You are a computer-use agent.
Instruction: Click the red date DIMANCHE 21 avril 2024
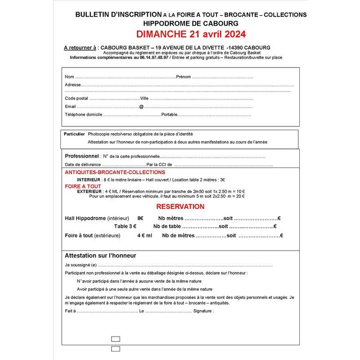coord(191,34)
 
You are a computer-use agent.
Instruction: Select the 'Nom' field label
coord(69,76)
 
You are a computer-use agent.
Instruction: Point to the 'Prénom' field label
coord(184,76)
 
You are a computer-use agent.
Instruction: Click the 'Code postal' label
coord(76,98)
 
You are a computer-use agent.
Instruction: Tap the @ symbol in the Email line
coord(141,107)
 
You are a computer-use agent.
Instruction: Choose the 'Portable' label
coord(169,115)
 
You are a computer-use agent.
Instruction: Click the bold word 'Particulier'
coord(74,134)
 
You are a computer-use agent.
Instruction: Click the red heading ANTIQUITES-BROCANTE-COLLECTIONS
coord(115,172)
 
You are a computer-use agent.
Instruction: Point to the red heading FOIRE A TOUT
coord(83,186)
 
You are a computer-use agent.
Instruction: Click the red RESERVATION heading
coord(180,207)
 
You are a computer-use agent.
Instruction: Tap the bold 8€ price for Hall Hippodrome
coord(140,218)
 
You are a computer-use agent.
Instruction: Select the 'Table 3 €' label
coord(125,226)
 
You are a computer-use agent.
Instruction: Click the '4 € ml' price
coord(144,235)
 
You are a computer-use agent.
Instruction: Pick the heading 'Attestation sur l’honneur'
coord(100,256)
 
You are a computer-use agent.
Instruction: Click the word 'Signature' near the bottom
coord(202,311)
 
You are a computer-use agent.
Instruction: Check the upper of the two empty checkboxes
coord(115,339)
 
